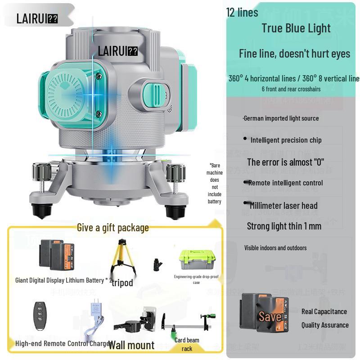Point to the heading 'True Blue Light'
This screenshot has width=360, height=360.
click(296, 28)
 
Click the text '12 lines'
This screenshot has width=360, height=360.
click(242, 13)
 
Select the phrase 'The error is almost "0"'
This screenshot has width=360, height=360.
click(285, 162)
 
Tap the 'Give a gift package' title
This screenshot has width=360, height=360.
click(112, 228)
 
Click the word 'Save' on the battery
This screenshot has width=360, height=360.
click(270, 316)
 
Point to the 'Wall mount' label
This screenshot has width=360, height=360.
click(131, 345)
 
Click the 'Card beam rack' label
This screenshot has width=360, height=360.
click(187, 344)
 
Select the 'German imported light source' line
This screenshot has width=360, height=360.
click(281, 118)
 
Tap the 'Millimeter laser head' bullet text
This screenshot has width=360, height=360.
click(283, 206)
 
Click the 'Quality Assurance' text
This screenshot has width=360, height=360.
click(325, 325)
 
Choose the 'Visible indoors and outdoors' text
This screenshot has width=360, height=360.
click(275, 248)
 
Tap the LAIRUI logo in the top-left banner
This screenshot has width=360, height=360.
click(37, 18)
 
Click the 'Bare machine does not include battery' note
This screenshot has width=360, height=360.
click(215, 183)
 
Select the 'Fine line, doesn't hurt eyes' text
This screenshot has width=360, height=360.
click(294, 54)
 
